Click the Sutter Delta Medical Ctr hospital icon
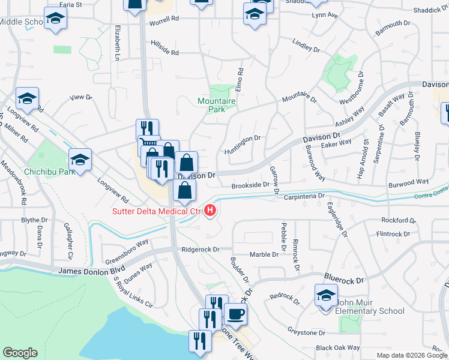(210, 211)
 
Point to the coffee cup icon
(235, 314)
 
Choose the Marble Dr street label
(264, 254)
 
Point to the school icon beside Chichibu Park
(80, 160)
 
